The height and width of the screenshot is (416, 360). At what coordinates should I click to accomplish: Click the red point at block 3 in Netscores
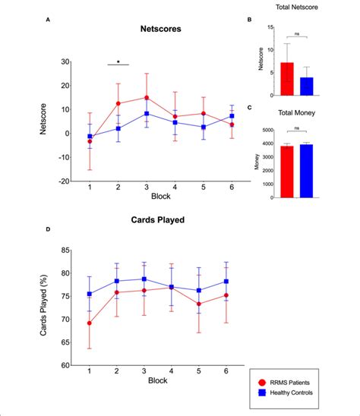pyautogui.click(x=147, y=98)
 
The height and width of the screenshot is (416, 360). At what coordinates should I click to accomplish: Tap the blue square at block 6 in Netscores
pyautogui.click(x=232, y=116)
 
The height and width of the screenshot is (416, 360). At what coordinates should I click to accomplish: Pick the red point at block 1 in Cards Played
pyautogui.click(x=90, y=323)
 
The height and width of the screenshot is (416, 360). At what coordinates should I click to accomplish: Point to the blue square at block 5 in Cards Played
pyautogui.click(x=200, y=290)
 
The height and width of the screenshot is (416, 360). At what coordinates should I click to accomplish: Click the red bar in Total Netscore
pyautogui.click(x=286, y=79)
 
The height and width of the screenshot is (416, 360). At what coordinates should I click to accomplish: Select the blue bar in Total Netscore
pyautogui.click(x=306, y=86)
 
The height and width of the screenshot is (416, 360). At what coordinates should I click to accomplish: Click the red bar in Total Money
pyautogui.click(x=286, y=172)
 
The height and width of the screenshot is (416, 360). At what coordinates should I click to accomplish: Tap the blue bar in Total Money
pyautogui.click(x=306, y=171)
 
